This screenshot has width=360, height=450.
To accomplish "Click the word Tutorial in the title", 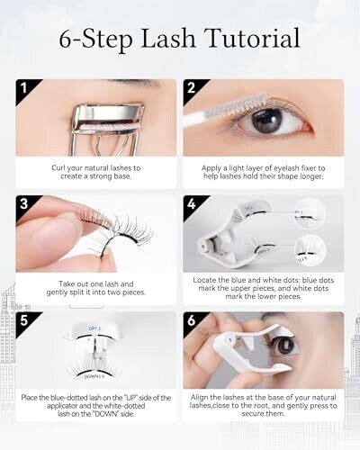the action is (x=253, y=38).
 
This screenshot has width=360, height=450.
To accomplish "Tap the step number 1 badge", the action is (x=24, y=88).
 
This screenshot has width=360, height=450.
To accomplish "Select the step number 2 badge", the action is (x=192, y=88).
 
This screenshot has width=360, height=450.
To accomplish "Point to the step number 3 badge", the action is (x=24, y=204).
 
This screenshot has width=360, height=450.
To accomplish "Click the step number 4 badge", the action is (x=192, y=204).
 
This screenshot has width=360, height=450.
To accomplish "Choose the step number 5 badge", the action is (x=24, y=320).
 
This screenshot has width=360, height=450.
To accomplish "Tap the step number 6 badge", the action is (x=192, y=320).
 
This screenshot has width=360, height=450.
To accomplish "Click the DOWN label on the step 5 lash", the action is (x=94, y=376).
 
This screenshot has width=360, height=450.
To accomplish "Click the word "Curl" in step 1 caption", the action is (x=58, y=168).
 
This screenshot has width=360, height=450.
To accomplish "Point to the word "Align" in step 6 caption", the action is (x=198, y=398).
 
